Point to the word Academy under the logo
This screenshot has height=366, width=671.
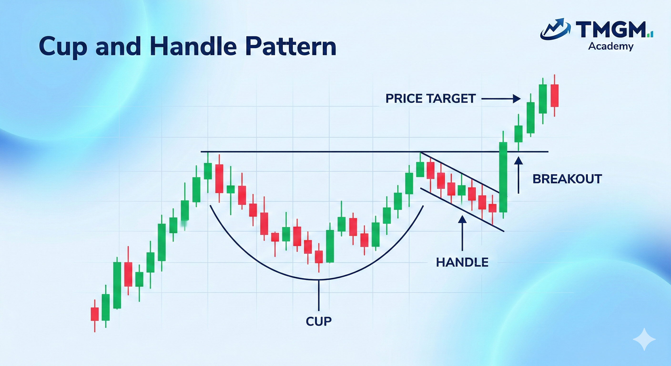pyautogui.click(x=611, y=47)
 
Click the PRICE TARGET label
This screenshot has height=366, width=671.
pyautogui.click(x=430, y=99)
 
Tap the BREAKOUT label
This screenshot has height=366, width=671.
pyautogui.click(x=567, y=179)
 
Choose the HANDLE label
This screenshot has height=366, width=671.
pyautogui.click(x=462, y=262)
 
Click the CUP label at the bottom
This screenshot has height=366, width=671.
pyautogui.click(x=319, y=321)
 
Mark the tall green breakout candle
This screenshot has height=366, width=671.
pyautogui.click(x=503, y=177)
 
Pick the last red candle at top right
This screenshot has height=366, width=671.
pyautogui.click(x=554, y=95)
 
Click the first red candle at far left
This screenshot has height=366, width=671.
pyautogui.click(x=95, y=314)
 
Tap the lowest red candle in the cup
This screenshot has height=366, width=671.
pyautogui.click(x=319, y=257)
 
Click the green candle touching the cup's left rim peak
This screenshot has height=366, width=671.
pyautogui.click(x=208, y=171)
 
